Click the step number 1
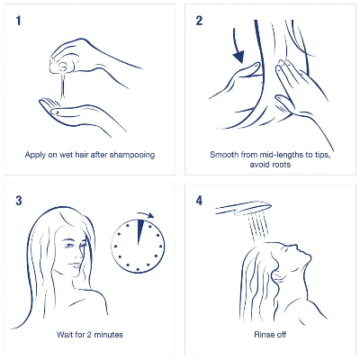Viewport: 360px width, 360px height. pyautogui.click(x=18, y=18)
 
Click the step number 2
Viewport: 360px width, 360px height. pyautogui.click(x=200, y=18)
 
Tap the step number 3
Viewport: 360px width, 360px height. pyautogui.click(x=18, y=200)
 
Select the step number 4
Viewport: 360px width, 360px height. pyautogui.click(x=200, y=200)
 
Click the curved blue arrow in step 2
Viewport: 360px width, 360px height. pyautogui.click(x=240, y=49)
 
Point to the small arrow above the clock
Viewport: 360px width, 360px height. pyautogui.click(x=148, y=216)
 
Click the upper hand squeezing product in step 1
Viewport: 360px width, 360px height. pyautogui.click(x=90, y=58)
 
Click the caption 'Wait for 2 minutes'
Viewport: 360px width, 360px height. pyautogui.click(x=89, y=334)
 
